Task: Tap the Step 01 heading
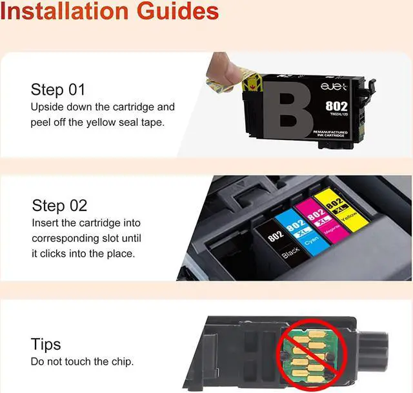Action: pyautogui.click(x=58, y=89)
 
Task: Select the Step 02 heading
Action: pyautogui.click(x=59, y=206)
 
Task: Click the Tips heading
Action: pyautogui.click(x=46, y=343)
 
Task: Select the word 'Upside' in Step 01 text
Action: pyautogui.click(x=46, y=106)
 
